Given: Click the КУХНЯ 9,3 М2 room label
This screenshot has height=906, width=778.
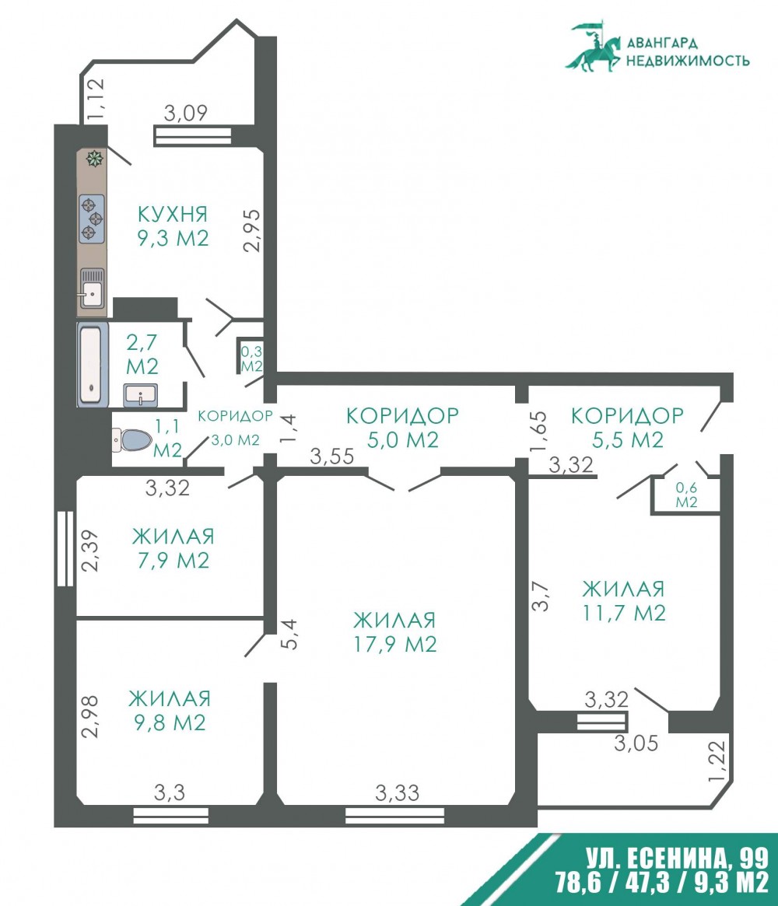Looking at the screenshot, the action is tap(173, 226).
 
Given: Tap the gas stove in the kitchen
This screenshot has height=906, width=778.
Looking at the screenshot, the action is tap(92, 219).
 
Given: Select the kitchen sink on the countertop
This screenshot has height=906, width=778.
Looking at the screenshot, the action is tap(92, 288).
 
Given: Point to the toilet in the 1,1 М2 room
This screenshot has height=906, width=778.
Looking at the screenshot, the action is tap(131, 440).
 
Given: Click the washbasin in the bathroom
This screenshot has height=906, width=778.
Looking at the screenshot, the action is tap(141, 396).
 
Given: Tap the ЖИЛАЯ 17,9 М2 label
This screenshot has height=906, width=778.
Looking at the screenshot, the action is tap(394, 632).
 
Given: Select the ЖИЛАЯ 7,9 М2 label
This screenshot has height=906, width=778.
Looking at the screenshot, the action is tap(173, 548).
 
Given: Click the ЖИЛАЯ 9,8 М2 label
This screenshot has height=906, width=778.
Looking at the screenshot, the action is tap(170, 711).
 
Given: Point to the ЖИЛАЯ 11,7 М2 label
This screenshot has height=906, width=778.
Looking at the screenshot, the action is tap(624, 601).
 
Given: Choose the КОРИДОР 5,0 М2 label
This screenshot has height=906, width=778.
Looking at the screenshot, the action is tap(403, 428).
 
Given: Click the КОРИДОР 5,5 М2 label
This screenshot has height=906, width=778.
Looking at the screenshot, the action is tap(628, 428).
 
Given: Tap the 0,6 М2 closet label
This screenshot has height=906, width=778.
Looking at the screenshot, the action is tap(687, 495).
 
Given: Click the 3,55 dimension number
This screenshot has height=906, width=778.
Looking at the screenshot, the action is tap(331, 456).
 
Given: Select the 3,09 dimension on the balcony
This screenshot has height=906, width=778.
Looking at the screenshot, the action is tap(185, 113).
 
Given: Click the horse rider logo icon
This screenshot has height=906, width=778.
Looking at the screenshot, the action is tap(594, 47).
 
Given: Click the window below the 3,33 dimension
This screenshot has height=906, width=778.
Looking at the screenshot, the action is tap(395, 815).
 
